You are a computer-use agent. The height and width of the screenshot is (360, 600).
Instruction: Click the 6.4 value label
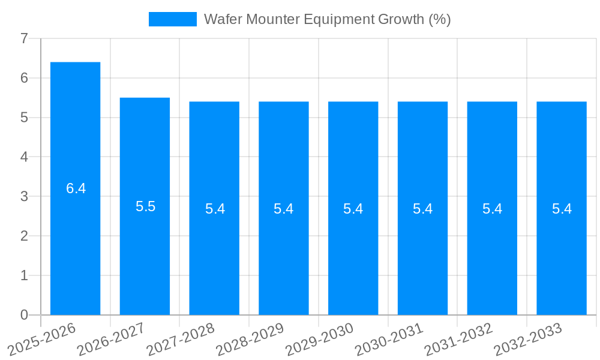[x=76, y=188]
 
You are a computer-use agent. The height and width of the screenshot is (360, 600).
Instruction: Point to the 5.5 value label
[x=145, y=207]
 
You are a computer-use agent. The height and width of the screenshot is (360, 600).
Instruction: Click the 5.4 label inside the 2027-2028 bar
[x=215, y=209]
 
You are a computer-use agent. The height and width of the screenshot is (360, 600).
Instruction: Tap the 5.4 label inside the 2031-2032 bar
[x=492, y=209]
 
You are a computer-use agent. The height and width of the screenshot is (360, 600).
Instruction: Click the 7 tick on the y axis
[x=24, y=38]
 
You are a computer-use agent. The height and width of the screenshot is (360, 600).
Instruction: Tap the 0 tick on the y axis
[x=24, y=315]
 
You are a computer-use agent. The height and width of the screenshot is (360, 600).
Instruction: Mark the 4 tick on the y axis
[x=24, y=157]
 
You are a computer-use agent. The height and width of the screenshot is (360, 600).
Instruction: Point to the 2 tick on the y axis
[x=24, y=236]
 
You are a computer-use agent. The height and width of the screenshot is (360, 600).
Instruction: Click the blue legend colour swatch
[x=172, y=19]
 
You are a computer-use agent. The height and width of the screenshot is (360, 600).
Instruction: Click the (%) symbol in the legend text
[x=439, y=19]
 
